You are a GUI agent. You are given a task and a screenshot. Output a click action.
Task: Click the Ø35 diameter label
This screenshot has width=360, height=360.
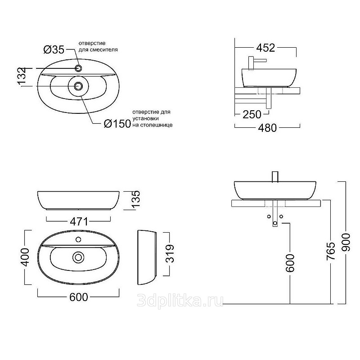click(54, 49)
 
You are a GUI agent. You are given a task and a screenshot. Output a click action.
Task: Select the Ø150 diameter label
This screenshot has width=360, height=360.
click(117, 124)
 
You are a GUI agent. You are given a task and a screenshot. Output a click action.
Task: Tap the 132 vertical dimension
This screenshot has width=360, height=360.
click(22, 76)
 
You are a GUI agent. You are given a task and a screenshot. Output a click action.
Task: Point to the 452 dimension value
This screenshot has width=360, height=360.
click(265, 48)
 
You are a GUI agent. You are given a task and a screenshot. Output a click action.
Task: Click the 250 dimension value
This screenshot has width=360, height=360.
click(252, 114)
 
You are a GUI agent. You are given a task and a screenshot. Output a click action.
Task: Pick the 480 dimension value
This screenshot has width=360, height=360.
click(267, 128)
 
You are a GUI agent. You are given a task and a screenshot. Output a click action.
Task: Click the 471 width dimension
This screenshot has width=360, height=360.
click(79, 221)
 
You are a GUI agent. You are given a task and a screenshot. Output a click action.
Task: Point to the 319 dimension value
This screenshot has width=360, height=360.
click(170, 253)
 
